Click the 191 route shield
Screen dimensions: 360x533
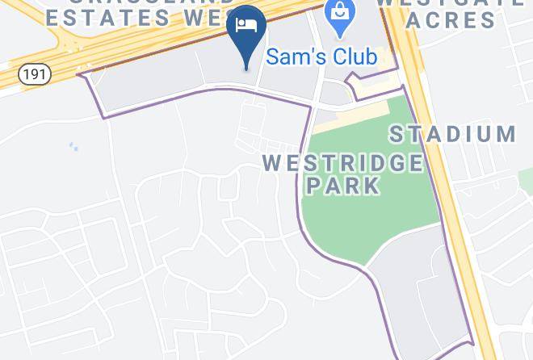point(35,74)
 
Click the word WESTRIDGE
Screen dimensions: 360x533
point(342,162)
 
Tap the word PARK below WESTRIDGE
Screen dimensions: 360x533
point(342,185)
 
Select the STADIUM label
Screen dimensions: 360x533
point(454,133)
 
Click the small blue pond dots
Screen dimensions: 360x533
point(73,146)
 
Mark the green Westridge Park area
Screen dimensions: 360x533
point(355,218)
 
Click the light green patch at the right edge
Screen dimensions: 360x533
point(526,174)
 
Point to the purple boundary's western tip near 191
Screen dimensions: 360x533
point(78,75)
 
